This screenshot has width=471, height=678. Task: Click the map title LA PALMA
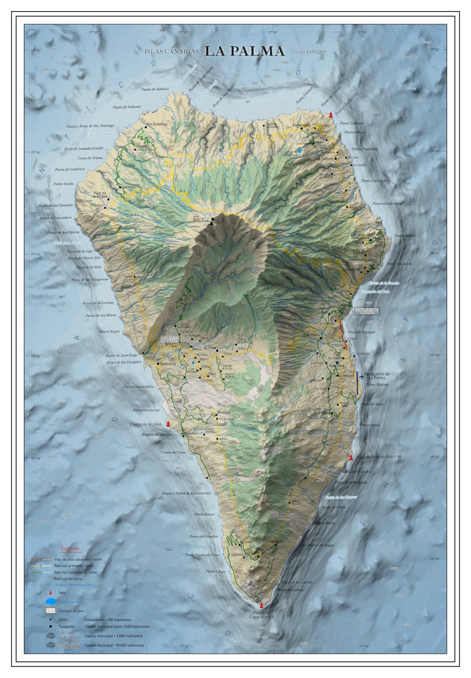244,51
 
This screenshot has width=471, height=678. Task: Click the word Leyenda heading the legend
70,548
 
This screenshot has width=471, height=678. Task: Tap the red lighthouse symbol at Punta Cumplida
331,115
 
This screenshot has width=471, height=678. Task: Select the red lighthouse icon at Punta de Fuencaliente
261,605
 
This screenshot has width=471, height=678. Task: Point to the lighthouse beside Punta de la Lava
168,424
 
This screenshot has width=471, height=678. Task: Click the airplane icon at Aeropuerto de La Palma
362,375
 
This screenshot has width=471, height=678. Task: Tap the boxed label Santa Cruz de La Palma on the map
367,311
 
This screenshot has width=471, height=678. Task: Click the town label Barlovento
301,125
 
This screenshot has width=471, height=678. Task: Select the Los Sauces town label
324,159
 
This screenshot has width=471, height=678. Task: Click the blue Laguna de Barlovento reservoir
300,151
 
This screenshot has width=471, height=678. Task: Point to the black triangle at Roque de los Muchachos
212,221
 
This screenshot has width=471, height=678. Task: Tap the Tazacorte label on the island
167,364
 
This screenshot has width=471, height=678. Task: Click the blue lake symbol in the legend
50,602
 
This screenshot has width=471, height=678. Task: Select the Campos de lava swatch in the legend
51,611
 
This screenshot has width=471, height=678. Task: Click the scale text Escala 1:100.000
309,52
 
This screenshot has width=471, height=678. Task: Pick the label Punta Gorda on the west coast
63,184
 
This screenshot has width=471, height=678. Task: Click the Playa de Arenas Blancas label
379,457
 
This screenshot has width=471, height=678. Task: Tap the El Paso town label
210,348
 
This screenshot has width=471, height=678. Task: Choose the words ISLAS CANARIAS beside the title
171,52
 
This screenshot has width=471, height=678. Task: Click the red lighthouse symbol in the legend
50,593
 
